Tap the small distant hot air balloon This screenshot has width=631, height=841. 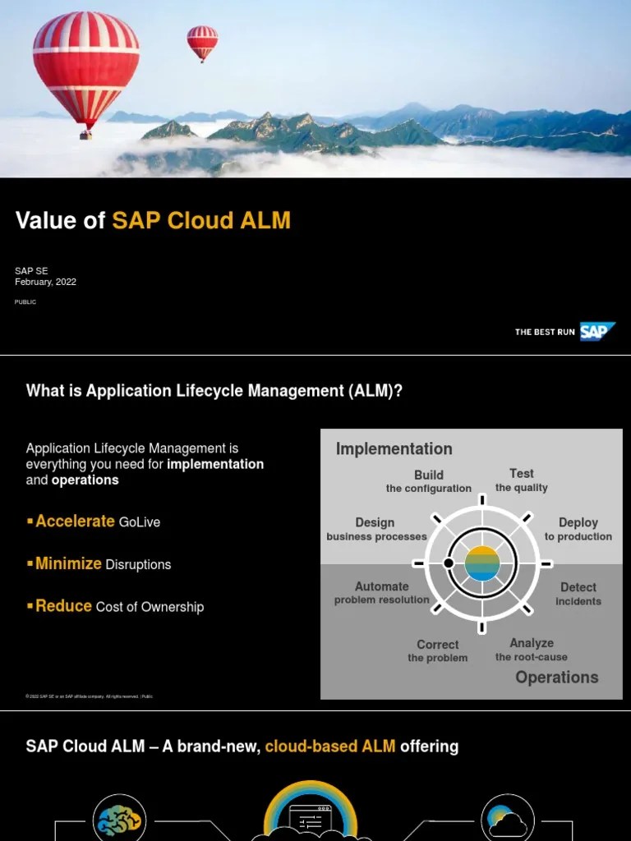tap(202, 41)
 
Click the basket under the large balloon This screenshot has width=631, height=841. tap(85, 135)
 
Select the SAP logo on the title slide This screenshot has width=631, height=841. tap(597, 332)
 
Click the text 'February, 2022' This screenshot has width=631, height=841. tap(45, 282)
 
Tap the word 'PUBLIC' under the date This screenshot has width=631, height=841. tap(25, 302)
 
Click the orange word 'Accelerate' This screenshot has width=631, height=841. tap(75, 521)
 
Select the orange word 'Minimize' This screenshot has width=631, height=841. tap(68, 563)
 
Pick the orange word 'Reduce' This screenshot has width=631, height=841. tap(63, 606)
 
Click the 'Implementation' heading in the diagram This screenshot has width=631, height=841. tap(394, 448)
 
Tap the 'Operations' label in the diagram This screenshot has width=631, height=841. tap(557, 677)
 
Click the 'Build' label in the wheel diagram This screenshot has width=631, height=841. tap(429, 475)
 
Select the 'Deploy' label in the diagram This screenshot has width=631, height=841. tap(578, 522)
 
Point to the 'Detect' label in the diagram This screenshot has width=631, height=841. tap(578, 587)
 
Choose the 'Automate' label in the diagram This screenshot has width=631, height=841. tap(381, 586)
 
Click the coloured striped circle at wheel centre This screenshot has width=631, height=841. tap(482, 563)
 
